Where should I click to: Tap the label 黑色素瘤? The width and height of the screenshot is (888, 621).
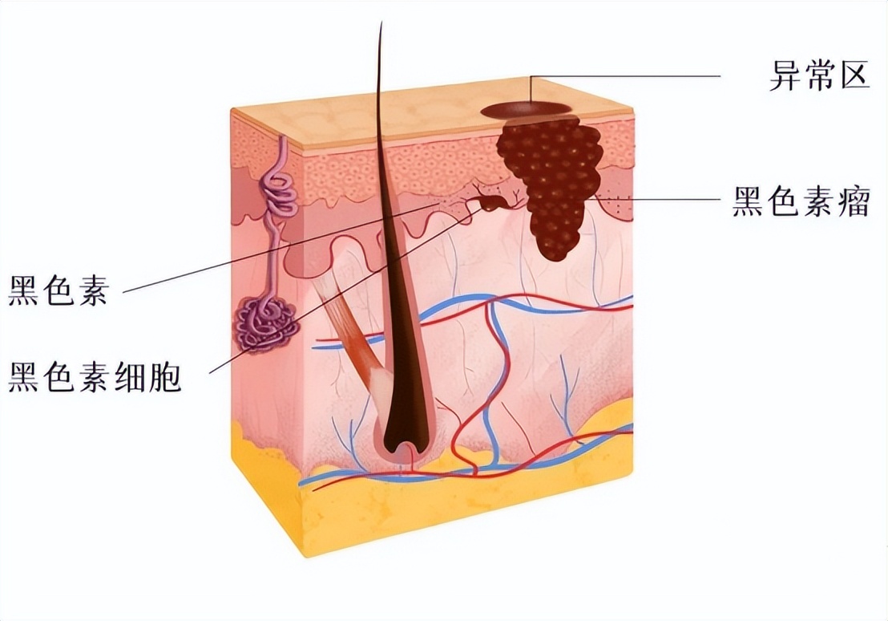pyautogui.click(x=801, y=201)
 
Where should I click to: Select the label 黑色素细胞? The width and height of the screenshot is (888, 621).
pyautogui.click(x=95, y=376)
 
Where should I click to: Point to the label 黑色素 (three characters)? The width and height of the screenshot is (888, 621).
pyautogui.click(x=58, y=290)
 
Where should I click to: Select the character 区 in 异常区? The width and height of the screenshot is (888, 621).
pyautogui.click(x=854, y=76)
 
